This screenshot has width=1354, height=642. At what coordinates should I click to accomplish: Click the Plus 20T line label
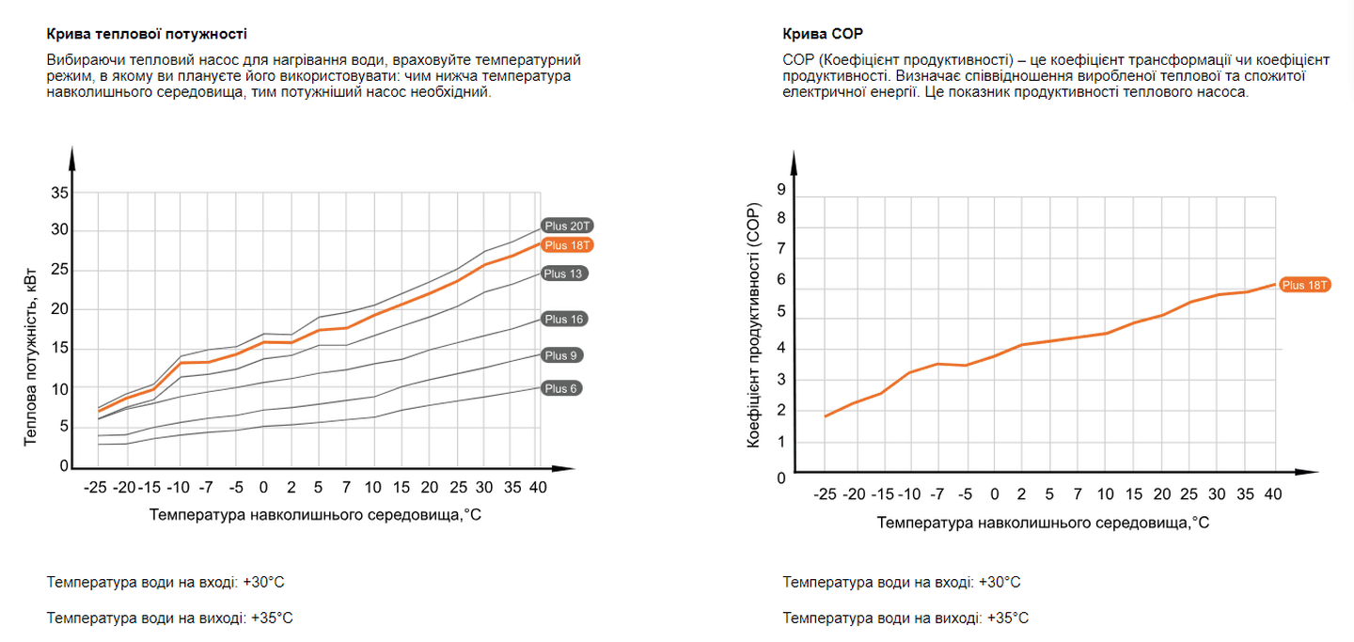(568, 226)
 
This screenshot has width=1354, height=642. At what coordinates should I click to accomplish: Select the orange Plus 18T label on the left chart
(568, 245)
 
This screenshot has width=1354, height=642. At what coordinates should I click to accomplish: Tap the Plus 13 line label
(564, 274)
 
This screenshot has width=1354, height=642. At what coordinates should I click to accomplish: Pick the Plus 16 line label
(564, 320)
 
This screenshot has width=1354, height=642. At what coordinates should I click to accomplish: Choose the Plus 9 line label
(561, 355)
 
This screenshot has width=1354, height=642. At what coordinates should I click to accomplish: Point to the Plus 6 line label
(561, 388)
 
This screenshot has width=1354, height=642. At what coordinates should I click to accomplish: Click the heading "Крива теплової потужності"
(147, 34)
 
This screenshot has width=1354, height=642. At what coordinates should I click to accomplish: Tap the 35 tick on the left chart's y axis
(60, 193)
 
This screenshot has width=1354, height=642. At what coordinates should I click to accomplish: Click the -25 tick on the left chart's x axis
(95, 488)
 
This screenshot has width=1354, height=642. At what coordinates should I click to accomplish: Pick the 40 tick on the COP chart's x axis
(1273, 494)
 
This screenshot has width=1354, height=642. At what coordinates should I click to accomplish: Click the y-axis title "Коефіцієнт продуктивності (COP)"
(753, 324)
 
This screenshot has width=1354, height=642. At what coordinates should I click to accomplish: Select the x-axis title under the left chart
(315, 515)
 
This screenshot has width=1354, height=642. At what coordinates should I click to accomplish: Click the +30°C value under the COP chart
(1000, 582)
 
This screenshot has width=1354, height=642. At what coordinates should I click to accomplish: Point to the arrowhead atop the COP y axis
(795, 160)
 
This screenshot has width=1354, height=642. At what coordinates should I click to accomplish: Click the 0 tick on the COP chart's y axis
(781, 478)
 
